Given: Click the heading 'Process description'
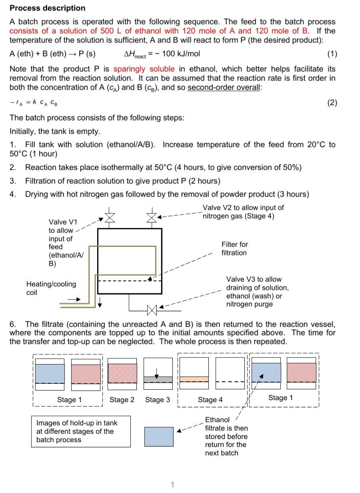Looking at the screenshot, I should coord(47,8).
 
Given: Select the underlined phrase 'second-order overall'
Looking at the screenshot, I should coord(224,87).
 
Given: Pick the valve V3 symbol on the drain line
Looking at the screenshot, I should coord(152,309).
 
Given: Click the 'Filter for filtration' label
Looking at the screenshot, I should coord(234,249).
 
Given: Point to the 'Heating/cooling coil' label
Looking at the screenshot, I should coord(51,288).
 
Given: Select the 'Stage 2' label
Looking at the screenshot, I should coord(122,400).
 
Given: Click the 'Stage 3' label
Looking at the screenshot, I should coord(157,400).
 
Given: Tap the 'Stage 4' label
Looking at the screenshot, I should coord(210,400).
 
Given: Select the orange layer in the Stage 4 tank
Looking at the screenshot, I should coord(194,379).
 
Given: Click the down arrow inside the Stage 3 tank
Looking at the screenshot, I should coord(157,373).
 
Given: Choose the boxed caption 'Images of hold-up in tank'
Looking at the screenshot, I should coord(81,431).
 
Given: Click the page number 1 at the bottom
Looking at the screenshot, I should coord(172,485).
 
